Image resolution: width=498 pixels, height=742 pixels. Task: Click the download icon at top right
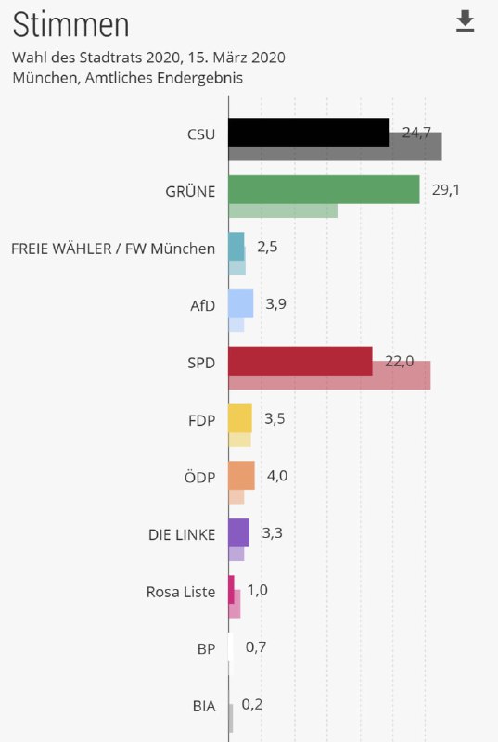point(466,21)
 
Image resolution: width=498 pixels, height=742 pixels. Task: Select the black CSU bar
point(308,133)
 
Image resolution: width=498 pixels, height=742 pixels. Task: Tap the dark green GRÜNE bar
point(323,189)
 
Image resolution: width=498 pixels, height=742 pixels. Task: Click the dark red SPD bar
point(300,361)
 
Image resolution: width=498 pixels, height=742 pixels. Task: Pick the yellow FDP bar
point(239,418)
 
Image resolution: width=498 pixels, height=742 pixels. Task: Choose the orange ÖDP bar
point(241,475)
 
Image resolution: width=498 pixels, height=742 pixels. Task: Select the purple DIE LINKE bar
point(238,532)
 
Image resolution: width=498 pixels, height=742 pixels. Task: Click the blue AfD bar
point(240,303)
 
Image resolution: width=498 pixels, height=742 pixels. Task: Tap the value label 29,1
point(446,190)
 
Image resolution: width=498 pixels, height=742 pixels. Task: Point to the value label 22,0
point(399,361)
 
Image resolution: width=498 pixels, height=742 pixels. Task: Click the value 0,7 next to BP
point(255,647)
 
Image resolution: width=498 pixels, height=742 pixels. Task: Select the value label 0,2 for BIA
point(251,704)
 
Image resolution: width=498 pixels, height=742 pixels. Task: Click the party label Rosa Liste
point(180,591)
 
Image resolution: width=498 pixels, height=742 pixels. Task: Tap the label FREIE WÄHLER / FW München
point(112,249)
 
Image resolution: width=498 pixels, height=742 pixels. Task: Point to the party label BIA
point(203,706)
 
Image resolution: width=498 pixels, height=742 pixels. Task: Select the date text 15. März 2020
point(236,58)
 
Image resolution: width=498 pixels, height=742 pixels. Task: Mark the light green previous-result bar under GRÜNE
point(283,211)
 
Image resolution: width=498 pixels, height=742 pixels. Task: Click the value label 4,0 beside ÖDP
point(276,476)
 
